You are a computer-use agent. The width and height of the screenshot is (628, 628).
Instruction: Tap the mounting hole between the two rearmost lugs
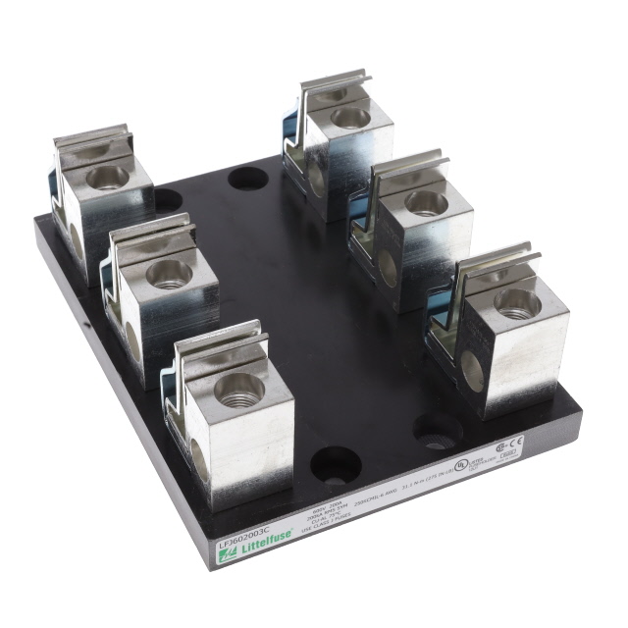tap(247, 180)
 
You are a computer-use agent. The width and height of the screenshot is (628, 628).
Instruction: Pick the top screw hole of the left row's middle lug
tap(169, 275)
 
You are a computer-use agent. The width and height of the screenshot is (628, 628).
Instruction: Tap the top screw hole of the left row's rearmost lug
tap(107, 177)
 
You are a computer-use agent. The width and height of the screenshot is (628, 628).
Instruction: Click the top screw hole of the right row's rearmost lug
tap(350, 118)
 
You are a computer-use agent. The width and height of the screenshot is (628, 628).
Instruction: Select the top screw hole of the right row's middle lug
tap(426, 202)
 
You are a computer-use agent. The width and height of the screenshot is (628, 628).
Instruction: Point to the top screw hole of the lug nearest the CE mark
tap(516, 302)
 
